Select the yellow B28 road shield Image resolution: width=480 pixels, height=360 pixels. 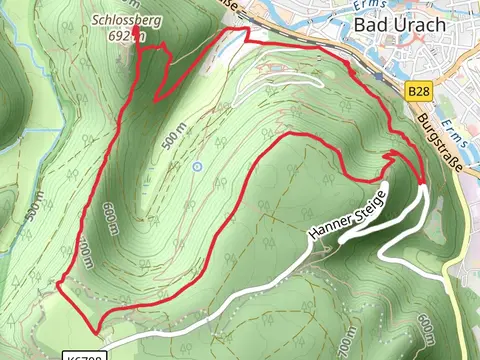click(419, 91)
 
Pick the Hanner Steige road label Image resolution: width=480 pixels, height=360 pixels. click(346, 214)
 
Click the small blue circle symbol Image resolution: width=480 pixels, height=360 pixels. click(197, 166)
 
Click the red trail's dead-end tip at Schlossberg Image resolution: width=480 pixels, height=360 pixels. click(136, 46)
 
